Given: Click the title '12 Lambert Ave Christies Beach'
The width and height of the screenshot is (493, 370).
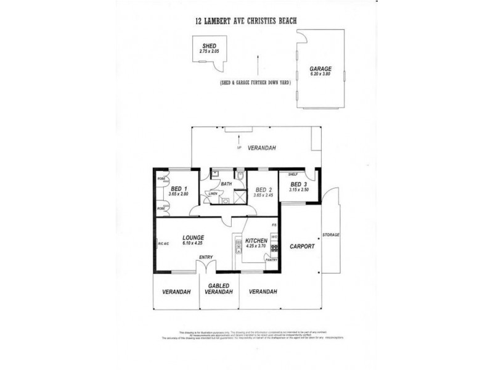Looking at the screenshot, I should [x=246, y=20].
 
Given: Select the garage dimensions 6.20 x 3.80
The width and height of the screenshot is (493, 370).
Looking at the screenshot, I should [x=320, y=74].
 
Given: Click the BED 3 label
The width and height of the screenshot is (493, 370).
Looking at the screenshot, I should [x=298, y=184].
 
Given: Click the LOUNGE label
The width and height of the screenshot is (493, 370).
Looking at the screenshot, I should [x=193, y=237].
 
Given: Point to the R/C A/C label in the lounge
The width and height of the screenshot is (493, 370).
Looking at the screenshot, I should [x=163, y=245].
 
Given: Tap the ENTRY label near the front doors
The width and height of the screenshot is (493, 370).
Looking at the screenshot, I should [x=206, y=258].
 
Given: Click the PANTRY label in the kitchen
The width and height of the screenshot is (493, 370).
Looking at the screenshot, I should [x=270, y=260].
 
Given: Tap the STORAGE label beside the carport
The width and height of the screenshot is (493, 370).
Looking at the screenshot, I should [x=330, y=234].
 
